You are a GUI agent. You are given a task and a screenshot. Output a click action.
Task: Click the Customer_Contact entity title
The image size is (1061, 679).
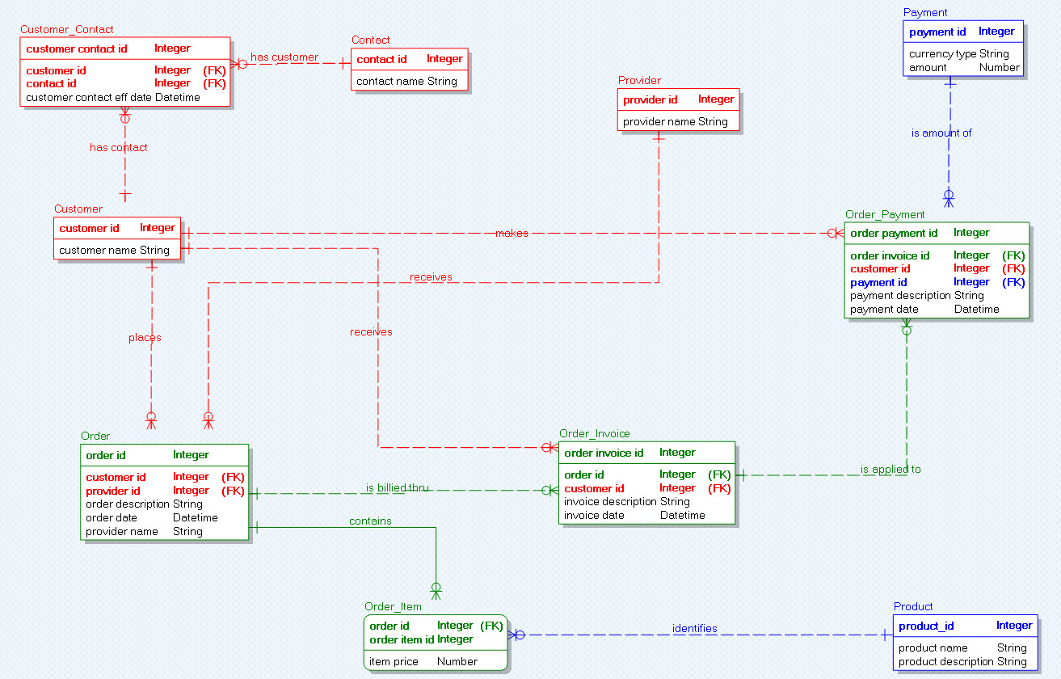(67, 29)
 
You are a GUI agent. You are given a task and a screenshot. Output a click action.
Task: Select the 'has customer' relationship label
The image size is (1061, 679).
(284, 57)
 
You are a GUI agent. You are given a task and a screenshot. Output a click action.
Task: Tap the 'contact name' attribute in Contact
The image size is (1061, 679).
(390, 81)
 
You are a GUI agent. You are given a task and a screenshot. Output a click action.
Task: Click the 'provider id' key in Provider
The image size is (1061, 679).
(650, 100)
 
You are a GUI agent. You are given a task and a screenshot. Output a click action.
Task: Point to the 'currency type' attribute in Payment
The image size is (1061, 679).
(942, 53)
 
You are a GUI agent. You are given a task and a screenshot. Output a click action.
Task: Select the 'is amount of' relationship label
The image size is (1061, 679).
(941, 133)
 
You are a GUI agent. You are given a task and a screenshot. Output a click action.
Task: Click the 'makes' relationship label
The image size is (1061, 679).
(512, 233)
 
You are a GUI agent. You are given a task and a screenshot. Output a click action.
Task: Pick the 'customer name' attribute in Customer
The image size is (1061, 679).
(98, 251)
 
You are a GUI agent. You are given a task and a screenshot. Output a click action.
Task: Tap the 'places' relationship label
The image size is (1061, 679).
(145, 337)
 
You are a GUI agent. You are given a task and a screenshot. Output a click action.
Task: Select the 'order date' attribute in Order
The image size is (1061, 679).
(112, 518)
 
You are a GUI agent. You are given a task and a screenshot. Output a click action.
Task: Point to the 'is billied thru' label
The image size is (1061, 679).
(397, 487)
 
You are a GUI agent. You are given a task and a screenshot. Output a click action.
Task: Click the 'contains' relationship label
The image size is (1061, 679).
(370, 521)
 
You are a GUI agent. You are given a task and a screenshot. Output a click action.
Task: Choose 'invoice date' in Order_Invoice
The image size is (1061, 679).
(594, 516)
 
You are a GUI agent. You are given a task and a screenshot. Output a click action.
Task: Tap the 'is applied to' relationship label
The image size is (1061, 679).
(890, 469)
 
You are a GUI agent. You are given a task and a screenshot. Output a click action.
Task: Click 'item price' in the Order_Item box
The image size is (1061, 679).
(394, 661)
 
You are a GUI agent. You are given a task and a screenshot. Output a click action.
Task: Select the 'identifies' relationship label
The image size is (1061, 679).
(694, 628)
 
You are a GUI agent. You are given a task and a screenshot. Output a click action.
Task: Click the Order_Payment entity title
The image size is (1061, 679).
(885, 215)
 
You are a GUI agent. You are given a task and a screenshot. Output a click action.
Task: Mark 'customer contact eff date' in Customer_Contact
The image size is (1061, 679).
(89, 98)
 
